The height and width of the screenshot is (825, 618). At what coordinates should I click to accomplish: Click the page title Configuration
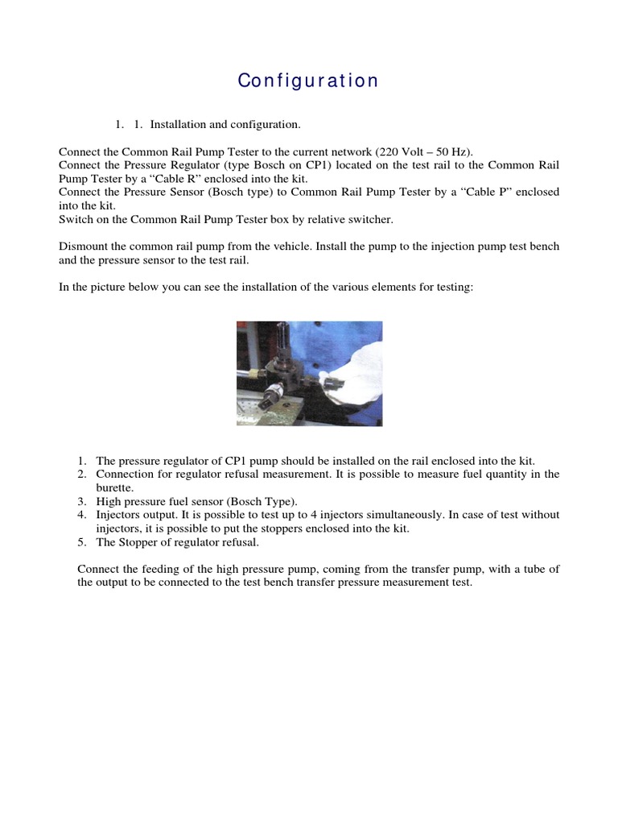[x=308, y=81]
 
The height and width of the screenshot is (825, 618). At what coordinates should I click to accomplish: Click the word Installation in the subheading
[x=177, y=125]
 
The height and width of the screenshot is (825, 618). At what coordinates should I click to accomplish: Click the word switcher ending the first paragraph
[x=371, y=220]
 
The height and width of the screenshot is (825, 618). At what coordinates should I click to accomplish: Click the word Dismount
[x=84, y=247]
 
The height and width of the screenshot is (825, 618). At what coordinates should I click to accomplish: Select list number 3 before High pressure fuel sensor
[x=81, y=501]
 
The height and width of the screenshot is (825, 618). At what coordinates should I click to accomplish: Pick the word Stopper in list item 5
[x=134, y=542]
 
